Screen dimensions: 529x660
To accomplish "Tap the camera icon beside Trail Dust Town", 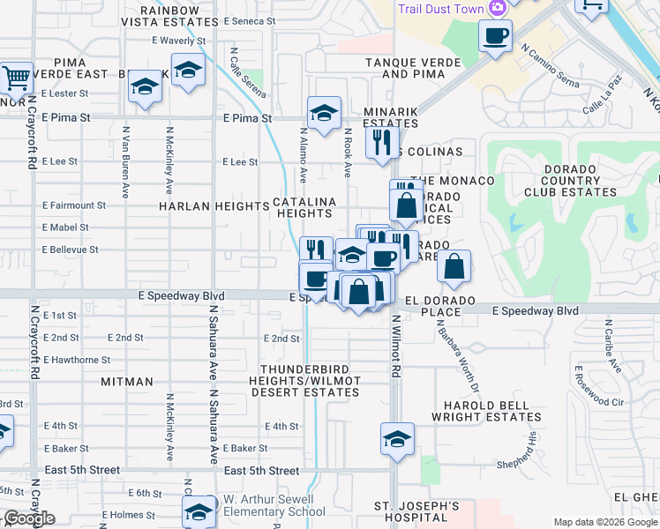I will pyautogui.click(x=498, y=7).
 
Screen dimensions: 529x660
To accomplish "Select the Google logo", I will pyautogui.click(x=28, y=518).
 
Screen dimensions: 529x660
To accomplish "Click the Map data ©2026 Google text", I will pyautogui.click(x=605, y=522).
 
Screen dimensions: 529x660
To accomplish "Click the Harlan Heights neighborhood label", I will pyautogui.click(x=214, y=205).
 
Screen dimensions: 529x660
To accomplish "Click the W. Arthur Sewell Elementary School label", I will pyautogui.click(x=274, y=505).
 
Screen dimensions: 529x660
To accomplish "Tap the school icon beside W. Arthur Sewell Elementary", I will pyautogui.click(x=199, y=510).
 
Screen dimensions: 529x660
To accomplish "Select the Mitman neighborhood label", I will pyautogui.click(x=127, y=382).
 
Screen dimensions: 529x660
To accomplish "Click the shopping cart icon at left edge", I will pyautogui.click(x=15, y=78).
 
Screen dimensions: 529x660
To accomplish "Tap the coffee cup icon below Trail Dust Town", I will pyautogui.click(x=495, y=36).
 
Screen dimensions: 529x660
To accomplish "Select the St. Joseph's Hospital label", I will pyautogui.click(x=416, y=512).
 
